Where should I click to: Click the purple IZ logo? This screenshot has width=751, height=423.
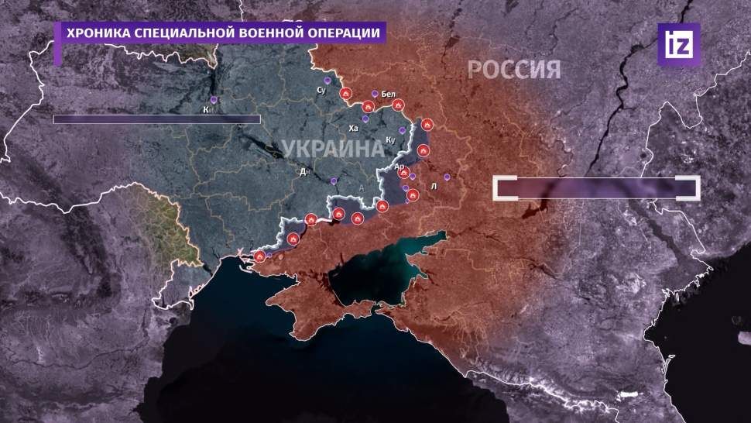point(678,44)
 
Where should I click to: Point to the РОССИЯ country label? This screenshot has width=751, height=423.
point(513,70)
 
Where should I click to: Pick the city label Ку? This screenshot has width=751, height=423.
point(390,140)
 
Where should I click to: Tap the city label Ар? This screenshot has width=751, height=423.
point(400,166)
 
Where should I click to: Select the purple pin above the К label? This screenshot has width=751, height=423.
point(214,100)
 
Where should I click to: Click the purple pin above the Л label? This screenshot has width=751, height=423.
point(446,176)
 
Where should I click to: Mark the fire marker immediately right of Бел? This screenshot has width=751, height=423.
point(399,105)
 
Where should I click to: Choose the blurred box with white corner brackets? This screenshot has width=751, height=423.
point(596,188)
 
